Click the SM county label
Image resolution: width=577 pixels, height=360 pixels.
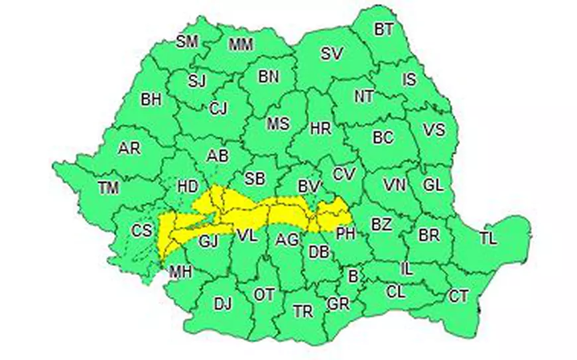click(x=187, y=42)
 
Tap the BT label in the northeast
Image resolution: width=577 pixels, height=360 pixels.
click(x=383, y=29)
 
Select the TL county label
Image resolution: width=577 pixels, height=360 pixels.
click(x=487, y=239)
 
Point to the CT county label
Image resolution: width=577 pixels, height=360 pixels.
click(x=458, y=296)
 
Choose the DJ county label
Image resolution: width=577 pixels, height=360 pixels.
click(x=223, y=304)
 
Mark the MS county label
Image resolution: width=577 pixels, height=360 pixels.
click(x=278, y=124)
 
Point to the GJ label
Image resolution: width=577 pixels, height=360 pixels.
click(x=209, y=239)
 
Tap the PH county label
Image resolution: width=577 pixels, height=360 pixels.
click(x=346, y=233)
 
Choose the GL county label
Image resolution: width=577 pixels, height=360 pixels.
click(x=432, y=186)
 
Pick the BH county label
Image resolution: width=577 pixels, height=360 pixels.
click(x=151, y=99)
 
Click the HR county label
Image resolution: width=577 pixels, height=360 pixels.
click(x=320, y=129)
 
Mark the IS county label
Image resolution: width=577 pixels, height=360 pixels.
click(x=409, y=80)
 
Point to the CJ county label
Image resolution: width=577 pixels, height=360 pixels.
click(x=218, y=108)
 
